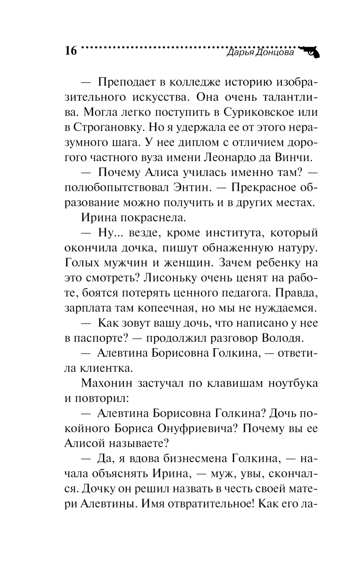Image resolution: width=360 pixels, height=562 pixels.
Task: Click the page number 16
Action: [71, 51]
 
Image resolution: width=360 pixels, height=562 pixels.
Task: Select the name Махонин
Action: [105, 384]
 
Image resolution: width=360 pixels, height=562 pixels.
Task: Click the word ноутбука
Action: [293, 384]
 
